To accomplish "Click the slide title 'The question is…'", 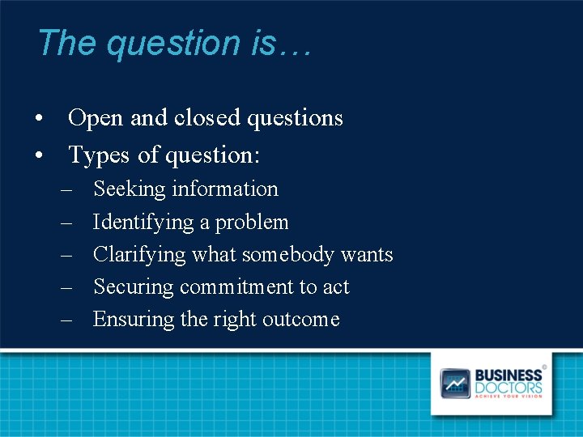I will [x=173, y=43].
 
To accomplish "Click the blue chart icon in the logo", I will [x=454, y=383].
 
